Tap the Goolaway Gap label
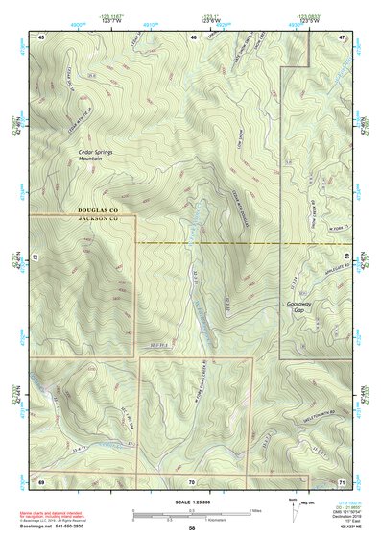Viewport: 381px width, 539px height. pyautogui.click(x=300, y=307)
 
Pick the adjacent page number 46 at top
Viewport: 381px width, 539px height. pyautogui.click(x=193, y=37)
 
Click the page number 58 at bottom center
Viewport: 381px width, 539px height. pyautogui.click(x=192, y=527)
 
